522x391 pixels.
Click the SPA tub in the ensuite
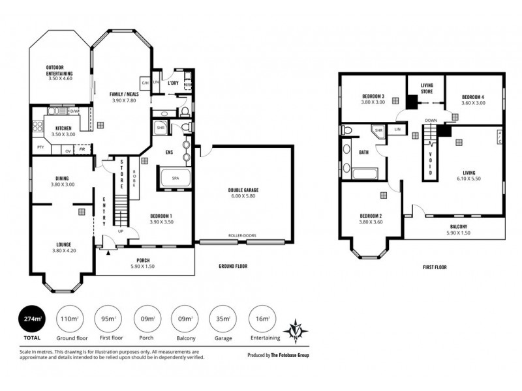click(x=175, y=177)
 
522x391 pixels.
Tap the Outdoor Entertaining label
click(x=59, y=70)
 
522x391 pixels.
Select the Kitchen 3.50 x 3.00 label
click(x=63, y=130)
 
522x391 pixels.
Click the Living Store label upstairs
click(x=427, y=89)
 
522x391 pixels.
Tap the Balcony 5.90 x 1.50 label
click(x=457, y=229)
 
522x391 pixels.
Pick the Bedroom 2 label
click(x=370, y=220)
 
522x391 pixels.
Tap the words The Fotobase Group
click(x=301, y=355)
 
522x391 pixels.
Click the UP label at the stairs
click(x=121, y=231)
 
